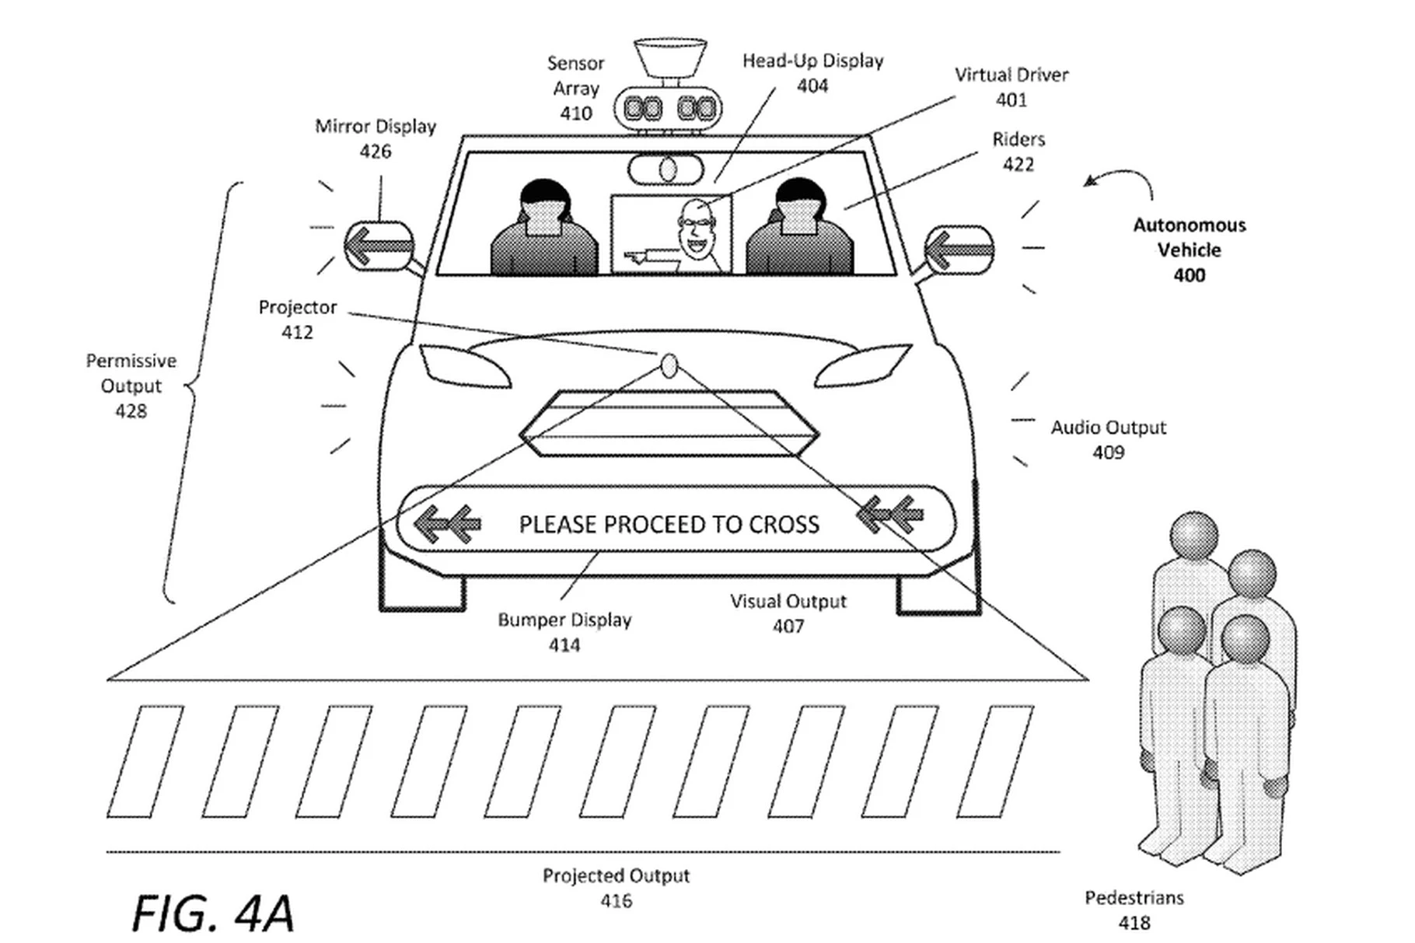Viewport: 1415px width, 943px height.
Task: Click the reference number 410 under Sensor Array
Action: click(575, 114)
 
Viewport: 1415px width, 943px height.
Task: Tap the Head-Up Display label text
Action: click(812, 61)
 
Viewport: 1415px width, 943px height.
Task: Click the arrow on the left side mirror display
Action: click(379, 246)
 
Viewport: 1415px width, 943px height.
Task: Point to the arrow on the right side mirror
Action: click(959, 250)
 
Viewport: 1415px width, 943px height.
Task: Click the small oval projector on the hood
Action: click(669, 365)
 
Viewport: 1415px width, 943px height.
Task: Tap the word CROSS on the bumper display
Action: click(784, 525)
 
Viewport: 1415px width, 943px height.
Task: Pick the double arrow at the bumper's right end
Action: click(890, 515)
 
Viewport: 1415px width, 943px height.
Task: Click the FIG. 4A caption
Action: click(213, 913)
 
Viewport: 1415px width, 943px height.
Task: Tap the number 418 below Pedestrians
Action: click(1134, 923)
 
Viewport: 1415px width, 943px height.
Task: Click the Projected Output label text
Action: click(617, 876)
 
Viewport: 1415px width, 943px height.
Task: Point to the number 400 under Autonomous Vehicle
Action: click(1190, 275)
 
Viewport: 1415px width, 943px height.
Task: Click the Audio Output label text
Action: click(1109, 428)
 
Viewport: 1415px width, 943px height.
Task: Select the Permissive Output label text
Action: click(131, 373)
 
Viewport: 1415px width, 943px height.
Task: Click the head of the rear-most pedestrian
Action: click(1193, 535)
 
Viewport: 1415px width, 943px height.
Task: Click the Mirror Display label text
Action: click(376, 127)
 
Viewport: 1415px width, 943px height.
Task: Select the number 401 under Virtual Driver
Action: click(1011, 100)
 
